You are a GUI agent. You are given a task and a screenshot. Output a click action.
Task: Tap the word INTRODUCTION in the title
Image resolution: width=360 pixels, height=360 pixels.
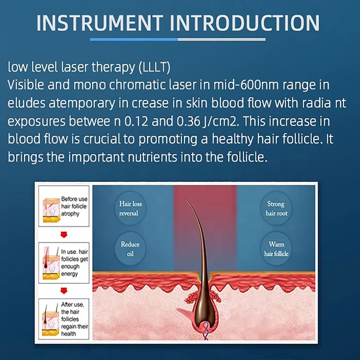point(245,23)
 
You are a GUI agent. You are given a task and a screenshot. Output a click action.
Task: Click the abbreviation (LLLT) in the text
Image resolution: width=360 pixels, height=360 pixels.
point(154,67)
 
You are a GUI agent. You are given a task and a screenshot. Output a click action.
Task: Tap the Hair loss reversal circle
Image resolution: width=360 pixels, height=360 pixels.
point(130,208)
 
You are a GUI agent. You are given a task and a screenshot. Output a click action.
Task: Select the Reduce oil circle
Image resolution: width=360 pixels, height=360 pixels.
point(130,249)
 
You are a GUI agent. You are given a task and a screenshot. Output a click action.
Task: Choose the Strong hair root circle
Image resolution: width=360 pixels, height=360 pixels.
point(276,208)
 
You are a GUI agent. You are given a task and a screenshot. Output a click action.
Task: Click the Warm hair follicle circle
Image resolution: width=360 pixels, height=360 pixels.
point(276,249)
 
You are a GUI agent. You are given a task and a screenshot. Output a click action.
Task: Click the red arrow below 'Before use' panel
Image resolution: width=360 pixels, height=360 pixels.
point(64,234)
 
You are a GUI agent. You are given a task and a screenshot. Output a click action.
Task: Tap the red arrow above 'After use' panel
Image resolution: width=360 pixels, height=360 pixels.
point(64,291)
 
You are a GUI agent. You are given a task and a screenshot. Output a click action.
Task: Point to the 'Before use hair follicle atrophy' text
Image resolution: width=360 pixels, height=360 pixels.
point(74,206)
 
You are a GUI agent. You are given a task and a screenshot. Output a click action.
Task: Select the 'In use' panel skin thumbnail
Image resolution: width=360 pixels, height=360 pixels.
point(51,263)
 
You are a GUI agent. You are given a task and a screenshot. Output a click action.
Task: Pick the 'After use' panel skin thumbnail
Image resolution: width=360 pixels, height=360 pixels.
point(51,319)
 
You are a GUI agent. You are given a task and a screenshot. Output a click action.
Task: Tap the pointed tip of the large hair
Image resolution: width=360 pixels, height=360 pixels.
point(185,198)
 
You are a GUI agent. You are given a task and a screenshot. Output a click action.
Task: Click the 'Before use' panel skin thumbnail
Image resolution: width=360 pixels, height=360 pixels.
point(51,210)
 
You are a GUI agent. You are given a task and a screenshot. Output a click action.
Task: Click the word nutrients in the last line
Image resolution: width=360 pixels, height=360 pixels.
point(153,157)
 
